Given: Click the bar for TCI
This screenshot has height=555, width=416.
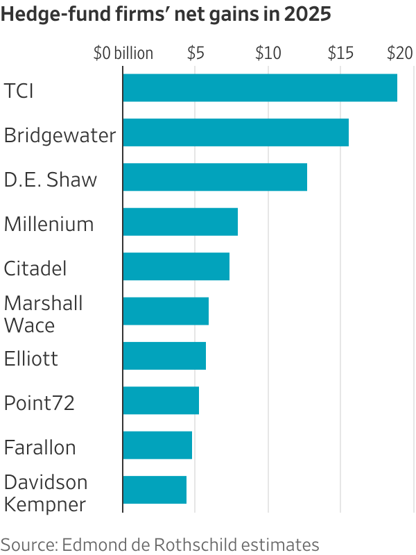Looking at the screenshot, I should [x=260, y=88].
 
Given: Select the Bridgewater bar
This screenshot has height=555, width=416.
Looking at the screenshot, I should [x=236, y=133].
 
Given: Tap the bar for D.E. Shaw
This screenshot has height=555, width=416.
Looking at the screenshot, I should [x=215, y=177].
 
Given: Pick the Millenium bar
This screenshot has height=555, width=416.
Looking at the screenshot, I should [x=180, y=222].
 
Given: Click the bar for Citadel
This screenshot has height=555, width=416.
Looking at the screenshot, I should [x=176, y=266].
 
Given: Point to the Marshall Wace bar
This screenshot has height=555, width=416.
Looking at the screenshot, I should [x=166, y=311].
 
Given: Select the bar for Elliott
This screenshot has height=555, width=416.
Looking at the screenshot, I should [x=164, y=356].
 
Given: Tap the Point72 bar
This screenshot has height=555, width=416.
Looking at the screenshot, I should [x=161, y=400].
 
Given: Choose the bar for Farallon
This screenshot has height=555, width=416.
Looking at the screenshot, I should [x=157, y=445].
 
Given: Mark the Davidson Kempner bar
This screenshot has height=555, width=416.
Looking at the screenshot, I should [x=155, y=490].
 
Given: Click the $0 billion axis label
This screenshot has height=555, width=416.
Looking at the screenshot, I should [x=123, y=53].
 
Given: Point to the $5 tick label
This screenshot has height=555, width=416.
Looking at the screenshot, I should [x=196, y=53].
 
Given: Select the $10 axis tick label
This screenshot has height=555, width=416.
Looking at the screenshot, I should [x=268, y=53].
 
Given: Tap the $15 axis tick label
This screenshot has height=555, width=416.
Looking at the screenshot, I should [x=340, y=53].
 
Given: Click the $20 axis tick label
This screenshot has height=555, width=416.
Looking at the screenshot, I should [x=399, y=53].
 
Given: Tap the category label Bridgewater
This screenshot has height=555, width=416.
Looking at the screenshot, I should [x=60, y=135].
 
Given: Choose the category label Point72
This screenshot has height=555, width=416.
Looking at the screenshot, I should [x=39, y=402].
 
